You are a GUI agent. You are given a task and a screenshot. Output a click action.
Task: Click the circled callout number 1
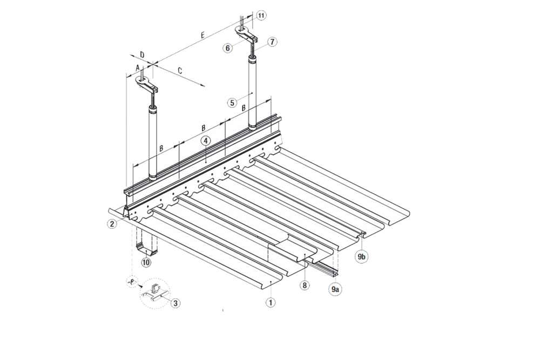pyautogui.click(x=271, y=302)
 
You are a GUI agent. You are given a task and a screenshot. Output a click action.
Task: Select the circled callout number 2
pyautogui.click(x=112, y=223)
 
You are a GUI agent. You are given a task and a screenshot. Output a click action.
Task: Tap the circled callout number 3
pyautogui.click(x=175, y=303)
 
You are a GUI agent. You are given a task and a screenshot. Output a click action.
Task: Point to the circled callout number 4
pyautogui.click(x=206, y=141)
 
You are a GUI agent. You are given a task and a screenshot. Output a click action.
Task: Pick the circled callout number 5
pyautogui.click(x=232, y=102)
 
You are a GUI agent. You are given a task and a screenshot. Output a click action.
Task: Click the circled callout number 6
pyautogui.click(x=228, y=47)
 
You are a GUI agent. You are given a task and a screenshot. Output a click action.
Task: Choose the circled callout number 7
pyautogui.click(x=272, y=42)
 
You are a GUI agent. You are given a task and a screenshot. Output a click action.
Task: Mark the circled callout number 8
pyautogui.click(x=305, y=286)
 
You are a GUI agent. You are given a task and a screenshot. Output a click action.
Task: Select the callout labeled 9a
pyautogui.click(x=335, y=289)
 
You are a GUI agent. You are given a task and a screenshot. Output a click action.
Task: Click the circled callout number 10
pyautogui.click(x=261, y=16)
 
